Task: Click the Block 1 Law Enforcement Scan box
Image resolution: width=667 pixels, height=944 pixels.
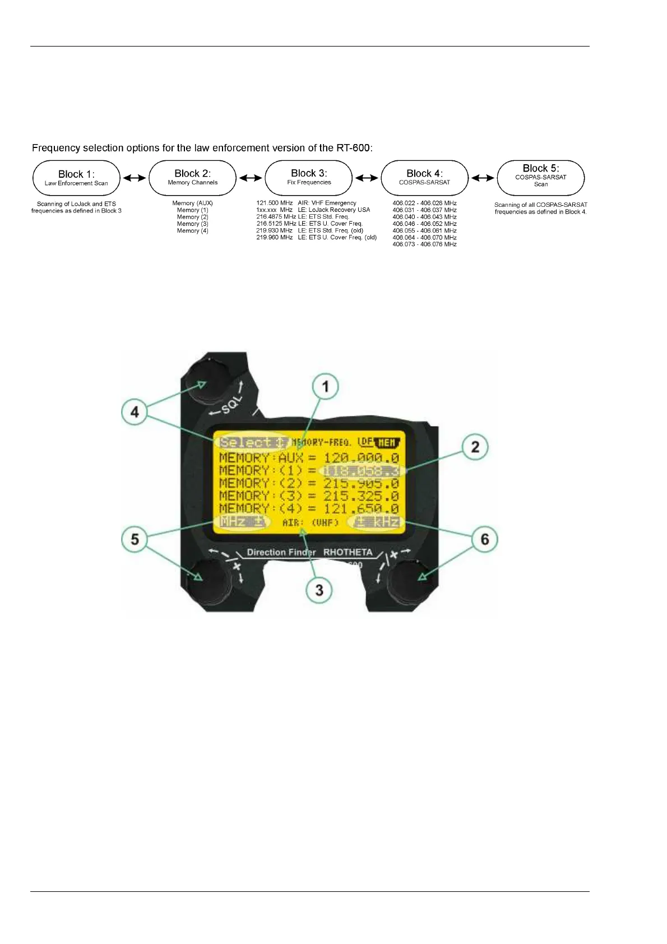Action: point(76,178)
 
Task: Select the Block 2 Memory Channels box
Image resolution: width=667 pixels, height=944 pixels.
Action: point(192,178)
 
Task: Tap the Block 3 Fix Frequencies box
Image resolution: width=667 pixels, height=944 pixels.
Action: point(309,178)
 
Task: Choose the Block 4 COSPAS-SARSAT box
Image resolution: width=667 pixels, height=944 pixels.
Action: point(424,178)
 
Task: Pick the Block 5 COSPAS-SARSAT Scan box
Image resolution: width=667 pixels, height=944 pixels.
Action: point(541,178)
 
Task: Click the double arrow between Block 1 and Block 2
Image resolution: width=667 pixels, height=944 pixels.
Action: point(135,178)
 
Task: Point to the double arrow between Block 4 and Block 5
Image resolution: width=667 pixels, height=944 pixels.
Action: point(483,178)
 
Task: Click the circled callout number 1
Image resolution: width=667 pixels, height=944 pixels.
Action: point(326,386)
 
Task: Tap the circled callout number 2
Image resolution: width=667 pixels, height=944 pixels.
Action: point(475,447)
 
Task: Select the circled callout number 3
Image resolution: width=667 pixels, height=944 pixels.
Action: point(319,590)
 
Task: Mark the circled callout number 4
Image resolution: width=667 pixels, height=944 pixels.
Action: point(135,412)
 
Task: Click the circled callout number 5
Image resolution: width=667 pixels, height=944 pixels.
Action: point(135,539)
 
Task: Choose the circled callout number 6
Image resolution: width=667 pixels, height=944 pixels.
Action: point(485,539)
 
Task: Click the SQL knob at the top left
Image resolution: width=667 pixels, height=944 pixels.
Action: point(205,381)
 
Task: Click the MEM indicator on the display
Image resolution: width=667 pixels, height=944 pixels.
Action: point(387,442)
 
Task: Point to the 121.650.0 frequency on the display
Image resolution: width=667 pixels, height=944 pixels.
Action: point(362,508)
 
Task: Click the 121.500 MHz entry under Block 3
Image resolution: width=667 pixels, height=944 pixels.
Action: point(275,203)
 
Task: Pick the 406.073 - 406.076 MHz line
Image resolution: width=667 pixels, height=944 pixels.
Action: point(424,244)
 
